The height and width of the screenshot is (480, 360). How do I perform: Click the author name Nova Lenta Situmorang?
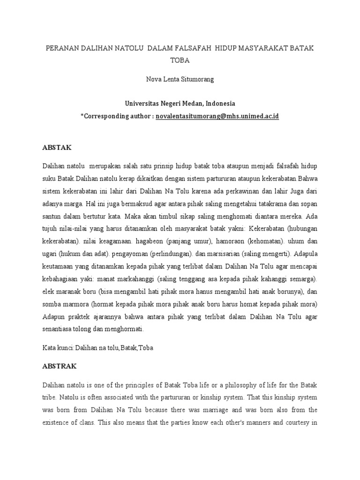click(180, 79)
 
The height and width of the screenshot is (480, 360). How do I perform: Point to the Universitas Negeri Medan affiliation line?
click(180, 103)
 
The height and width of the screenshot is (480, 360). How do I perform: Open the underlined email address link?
click(217, 115)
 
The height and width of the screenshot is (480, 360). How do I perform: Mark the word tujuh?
click(50, 230)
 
